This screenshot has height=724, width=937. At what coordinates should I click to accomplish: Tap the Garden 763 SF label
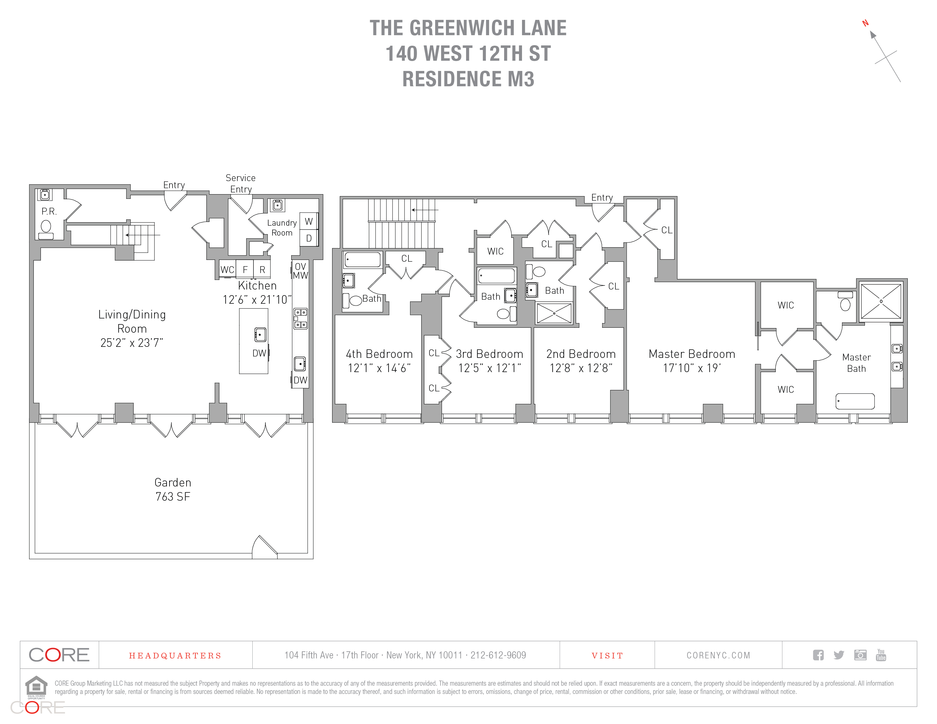(x=173, y=489)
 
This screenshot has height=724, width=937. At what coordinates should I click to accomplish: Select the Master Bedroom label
(x=691, y=354)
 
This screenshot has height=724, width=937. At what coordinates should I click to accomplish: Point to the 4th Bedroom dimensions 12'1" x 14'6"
(x=379, y=368)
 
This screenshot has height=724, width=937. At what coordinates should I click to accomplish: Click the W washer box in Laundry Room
(x=309, y=221)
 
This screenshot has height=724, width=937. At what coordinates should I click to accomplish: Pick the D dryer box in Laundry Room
(x=309, y=238)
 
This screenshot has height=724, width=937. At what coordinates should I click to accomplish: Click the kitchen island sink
(x=260, y=335)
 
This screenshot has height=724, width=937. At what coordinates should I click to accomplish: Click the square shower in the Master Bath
(x=881, y=301)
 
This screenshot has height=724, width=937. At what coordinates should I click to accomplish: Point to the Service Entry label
(x=241, y=184)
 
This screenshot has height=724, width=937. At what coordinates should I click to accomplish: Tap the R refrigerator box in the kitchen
(x=262, y=269)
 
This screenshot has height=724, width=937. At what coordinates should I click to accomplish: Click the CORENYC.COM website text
(x=718, y=655)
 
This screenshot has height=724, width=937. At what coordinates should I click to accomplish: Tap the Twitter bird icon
(x=839, y=655)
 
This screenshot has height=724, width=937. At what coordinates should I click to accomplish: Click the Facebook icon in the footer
(x=818, y=655)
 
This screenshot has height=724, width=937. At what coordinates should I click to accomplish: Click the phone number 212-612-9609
(x=498, y=655)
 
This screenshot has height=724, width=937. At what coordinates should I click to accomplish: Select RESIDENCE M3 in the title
(x=468, y=79)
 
